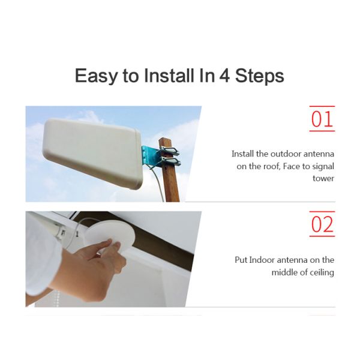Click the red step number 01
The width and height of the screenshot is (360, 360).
[322, 119]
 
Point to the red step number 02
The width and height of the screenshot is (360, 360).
[322, 224]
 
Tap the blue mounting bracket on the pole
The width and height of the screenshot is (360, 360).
[151, 156]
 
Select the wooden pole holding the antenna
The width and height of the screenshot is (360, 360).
[171, 180]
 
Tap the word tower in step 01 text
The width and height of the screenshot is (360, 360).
[323, 178]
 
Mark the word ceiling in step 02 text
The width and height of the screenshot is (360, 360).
[321, 272]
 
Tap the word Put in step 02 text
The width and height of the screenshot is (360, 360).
[241, 260]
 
